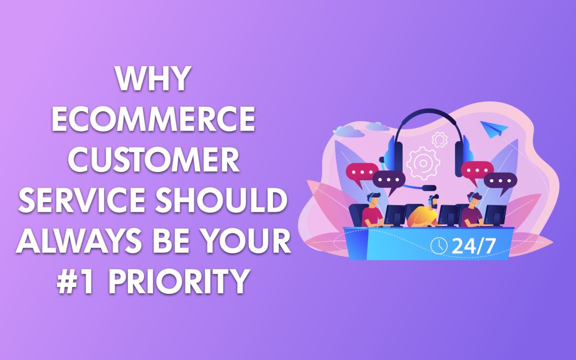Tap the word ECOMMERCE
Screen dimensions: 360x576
(153, 122)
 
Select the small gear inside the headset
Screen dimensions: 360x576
(439, 140)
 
